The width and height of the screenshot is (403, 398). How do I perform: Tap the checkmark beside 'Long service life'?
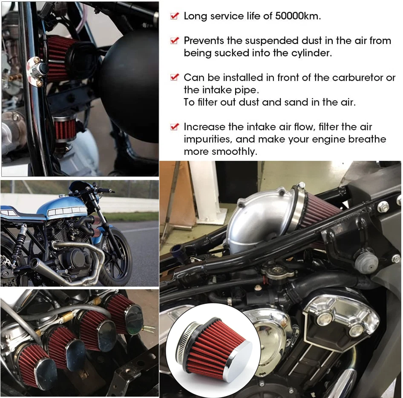pos(174,16)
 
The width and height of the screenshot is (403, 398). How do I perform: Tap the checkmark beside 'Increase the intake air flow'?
pos(174,127)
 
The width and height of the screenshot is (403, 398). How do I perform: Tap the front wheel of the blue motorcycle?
pos(116,256)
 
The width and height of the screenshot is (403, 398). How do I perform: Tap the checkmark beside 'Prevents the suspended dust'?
pos(174,41)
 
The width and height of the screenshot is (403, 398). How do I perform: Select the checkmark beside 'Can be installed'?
pos(174,78)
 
